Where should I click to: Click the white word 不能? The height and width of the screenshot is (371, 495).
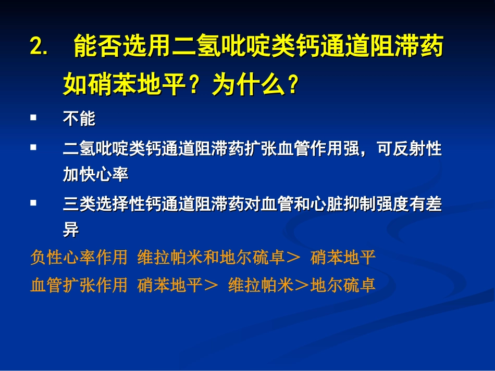point(79,119)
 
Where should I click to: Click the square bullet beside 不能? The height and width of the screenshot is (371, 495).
point(33,118)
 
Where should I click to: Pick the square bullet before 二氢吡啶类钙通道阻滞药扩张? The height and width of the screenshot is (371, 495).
point(33,148)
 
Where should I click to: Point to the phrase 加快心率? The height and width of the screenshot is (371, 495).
point(95,175)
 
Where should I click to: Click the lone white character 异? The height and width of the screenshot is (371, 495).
point(71,231)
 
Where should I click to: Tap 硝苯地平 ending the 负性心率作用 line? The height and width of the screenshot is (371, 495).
point(343,258)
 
